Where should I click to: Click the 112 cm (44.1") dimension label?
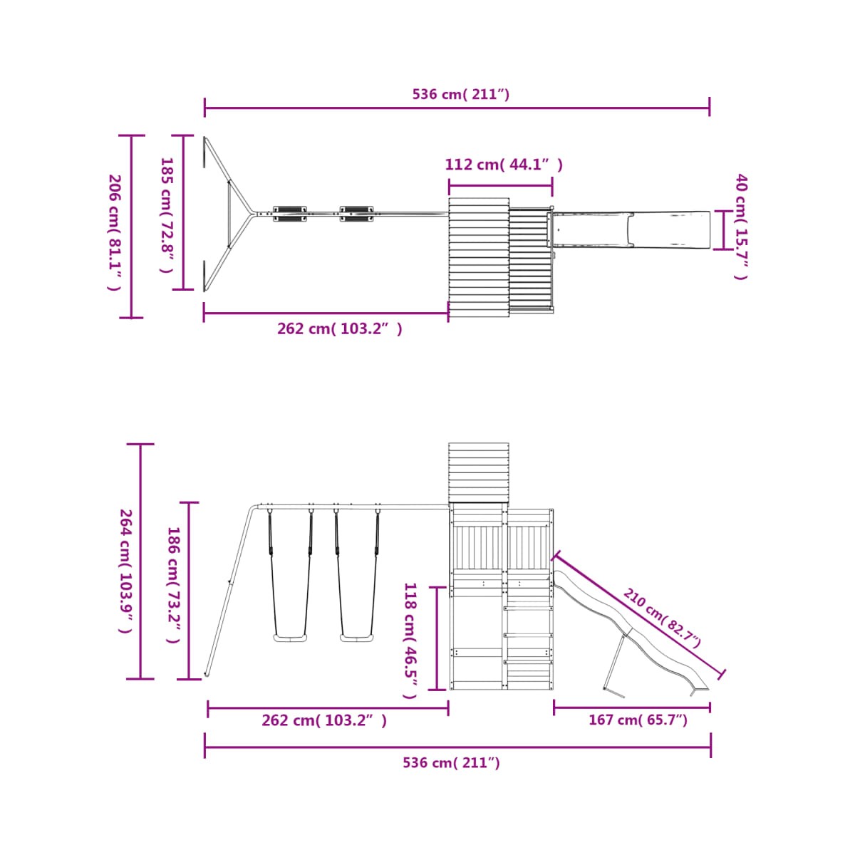(504, 165)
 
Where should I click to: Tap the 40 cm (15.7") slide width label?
(741, 227)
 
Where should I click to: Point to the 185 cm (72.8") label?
(167, 214)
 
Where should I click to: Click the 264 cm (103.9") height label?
(126, 571)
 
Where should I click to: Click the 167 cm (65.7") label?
(638, 720)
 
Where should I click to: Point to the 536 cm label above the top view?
(460, 94)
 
